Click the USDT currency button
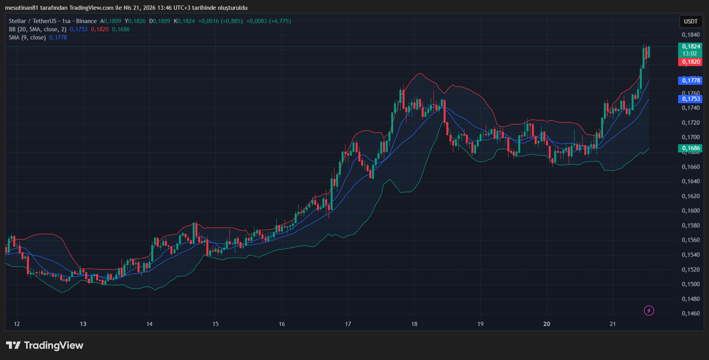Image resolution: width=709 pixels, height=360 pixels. click(690, 21)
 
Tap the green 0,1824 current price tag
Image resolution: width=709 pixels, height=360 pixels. click(691, 47)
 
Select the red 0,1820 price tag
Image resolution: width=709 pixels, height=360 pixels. click(691, 62)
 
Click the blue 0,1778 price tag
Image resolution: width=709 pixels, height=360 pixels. click(691, 81)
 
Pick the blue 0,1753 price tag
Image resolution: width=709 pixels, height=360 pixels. click(691, 99)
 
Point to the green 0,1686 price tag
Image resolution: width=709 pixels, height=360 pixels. click(691, 148)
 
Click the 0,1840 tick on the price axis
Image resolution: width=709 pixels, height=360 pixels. click(691, 35)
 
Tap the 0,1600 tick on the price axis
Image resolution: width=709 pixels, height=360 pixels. click(691, 211)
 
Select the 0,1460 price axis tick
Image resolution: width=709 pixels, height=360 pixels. click(691, 313)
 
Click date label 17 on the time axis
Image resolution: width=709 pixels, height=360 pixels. click(348, 324)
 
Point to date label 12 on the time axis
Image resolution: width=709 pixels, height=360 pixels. click(17, 324)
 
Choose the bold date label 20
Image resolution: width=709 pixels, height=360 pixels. click(546, 324)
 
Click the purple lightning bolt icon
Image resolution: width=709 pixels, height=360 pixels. click(649, 311)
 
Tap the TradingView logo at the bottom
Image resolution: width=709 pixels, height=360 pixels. click(45, 346)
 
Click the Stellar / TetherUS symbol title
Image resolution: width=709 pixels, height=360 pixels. click(33, 21)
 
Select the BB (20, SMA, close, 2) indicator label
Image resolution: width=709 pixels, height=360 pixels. click(38, 29)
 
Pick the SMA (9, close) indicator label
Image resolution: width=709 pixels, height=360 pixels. click(27, 38)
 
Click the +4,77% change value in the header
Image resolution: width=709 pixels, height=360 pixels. click(280, 21)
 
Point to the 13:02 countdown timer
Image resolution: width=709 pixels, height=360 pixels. click(690, 54)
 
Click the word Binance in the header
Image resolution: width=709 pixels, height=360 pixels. click(86, 21)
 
